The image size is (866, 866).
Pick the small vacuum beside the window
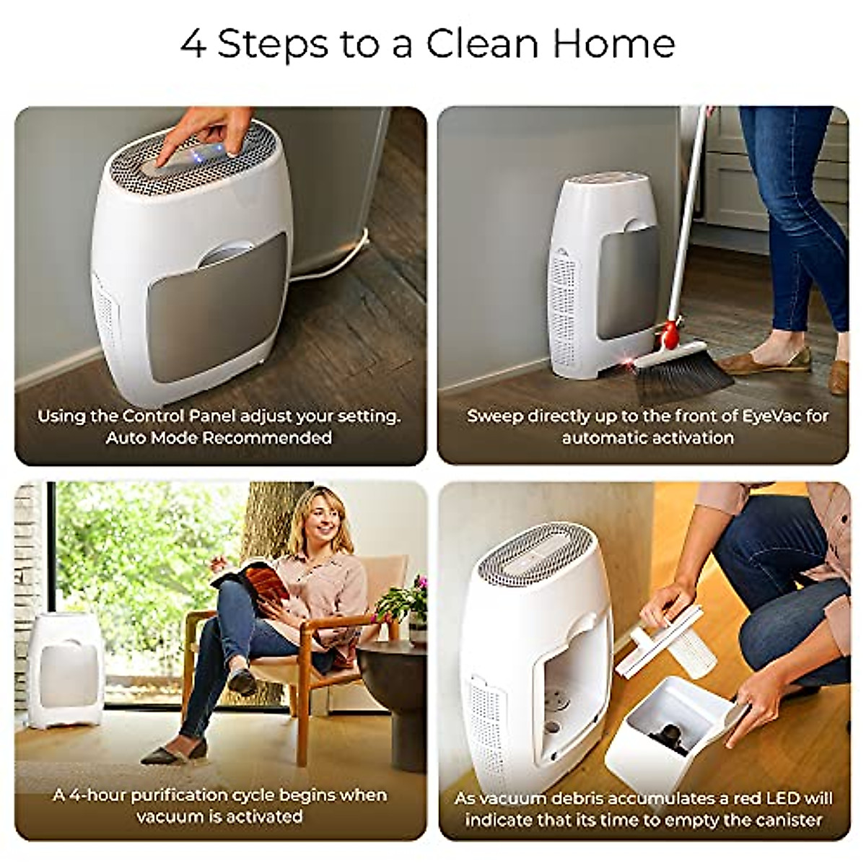point(66,668)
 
